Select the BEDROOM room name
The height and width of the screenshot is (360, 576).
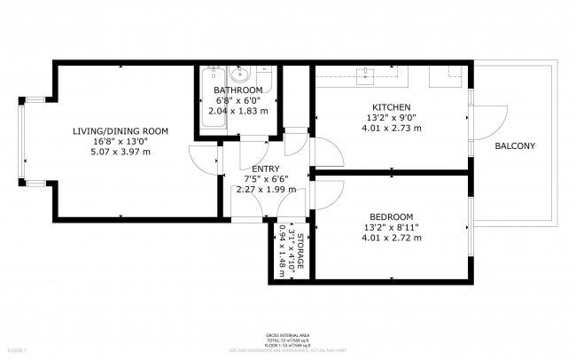coord(391,216)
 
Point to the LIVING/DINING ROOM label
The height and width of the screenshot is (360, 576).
coord(121,131)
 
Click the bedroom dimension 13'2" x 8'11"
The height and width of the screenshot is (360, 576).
coord(391,227)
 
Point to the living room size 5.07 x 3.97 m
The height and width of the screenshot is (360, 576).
coord(121,152)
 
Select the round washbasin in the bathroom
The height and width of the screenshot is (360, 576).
coord(238,74)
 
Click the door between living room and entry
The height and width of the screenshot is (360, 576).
coord(206,158)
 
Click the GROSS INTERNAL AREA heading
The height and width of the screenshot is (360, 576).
coord(287,335)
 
